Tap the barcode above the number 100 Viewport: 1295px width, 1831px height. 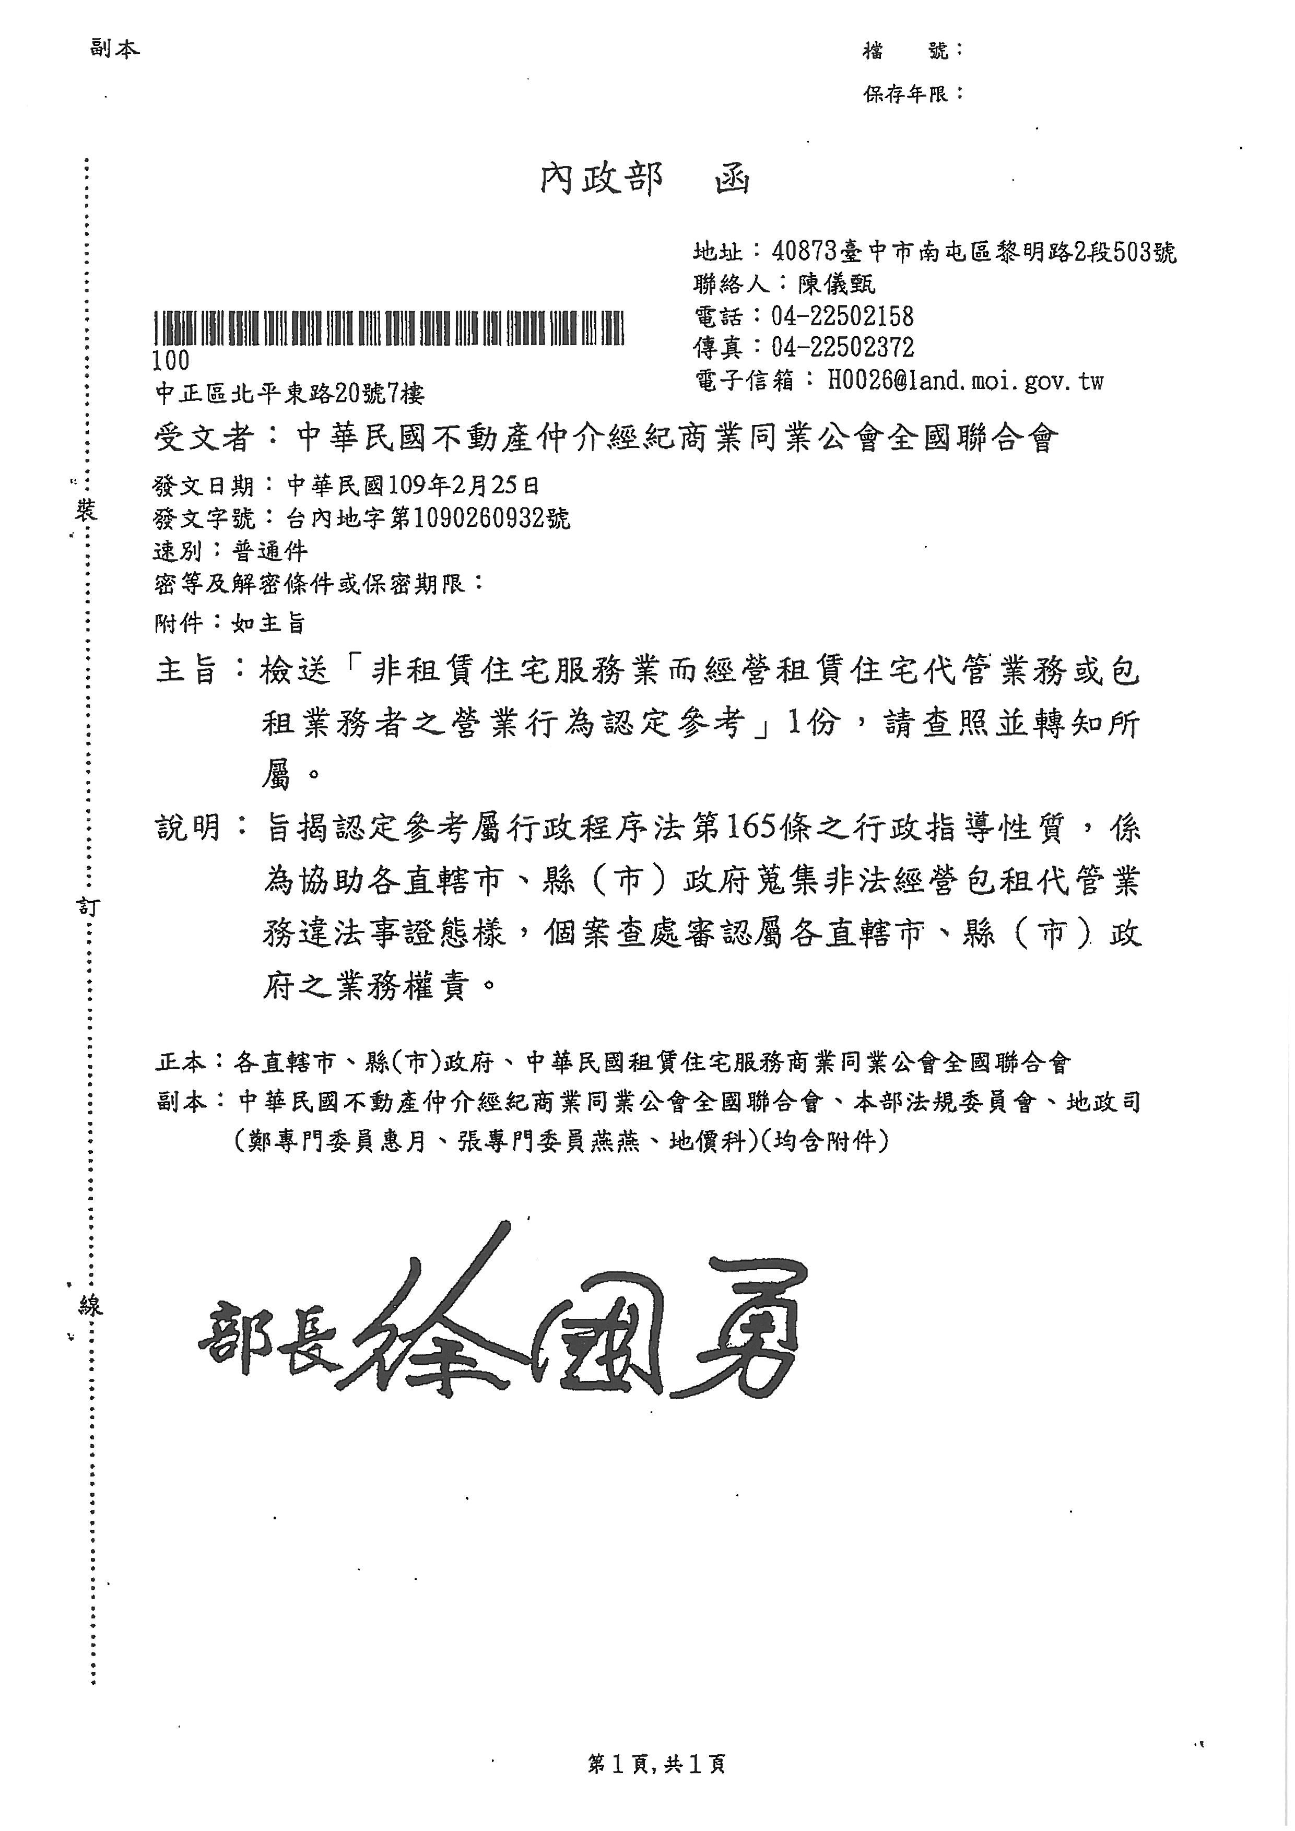tap(388, 328)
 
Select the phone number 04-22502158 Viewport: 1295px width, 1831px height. tap(842, 316)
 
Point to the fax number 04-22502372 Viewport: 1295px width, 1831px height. tap(842, 348)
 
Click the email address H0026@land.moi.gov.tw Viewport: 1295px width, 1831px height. tap(965, 381)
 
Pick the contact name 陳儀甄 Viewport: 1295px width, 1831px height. tap(837, 284)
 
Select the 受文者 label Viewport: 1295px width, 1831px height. tap(204, 438)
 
